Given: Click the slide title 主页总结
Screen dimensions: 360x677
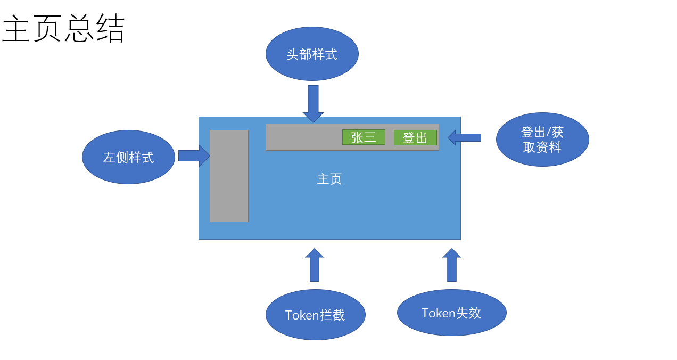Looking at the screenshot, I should click(x=63, y=29).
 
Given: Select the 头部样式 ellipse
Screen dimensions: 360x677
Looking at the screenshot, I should click(x=312, y=54).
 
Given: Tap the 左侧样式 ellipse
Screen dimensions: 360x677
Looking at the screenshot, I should click(x=128, y=157).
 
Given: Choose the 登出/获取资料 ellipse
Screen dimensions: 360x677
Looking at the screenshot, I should click(x=542, y=140).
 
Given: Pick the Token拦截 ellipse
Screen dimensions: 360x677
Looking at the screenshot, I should click(x=316, y=315).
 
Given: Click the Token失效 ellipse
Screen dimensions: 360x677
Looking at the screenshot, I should click(x=452, y=313).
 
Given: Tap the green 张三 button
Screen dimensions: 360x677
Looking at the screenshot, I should click(x=364, y=137).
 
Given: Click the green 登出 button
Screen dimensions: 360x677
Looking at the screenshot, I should click(x=415, y=137).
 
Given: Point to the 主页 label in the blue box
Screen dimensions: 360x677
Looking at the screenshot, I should click(x=329, y=179).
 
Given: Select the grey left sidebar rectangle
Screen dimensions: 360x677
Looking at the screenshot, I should click(x=229, y=176).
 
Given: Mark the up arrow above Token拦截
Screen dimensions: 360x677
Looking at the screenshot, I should click(x=315, y=265).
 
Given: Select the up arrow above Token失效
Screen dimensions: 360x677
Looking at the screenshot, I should click(x=452, y=265).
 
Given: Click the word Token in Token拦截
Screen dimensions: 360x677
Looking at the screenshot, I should click(x=302, y=315).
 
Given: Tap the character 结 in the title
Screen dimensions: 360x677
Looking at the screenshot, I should click(x=110, y=29).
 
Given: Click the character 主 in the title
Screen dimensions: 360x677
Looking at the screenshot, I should click(x=16, y=29).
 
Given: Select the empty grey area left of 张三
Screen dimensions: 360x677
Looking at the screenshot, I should click(x=303, y=137).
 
